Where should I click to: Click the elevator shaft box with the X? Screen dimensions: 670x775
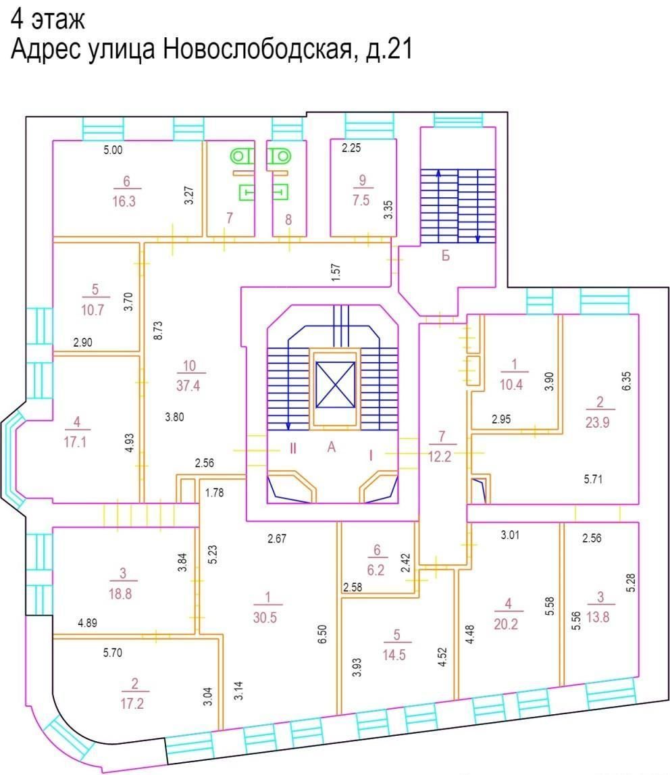[335, 384]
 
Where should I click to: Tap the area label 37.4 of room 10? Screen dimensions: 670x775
[188, 386]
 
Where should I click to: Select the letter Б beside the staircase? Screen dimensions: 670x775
[446, 256]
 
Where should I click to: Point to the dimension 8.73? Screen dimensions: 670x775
[158, 330]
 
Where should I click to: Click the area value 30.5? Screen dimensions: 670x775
[265, 618]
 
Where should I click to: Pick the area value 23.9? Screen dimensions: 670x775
[597, 422]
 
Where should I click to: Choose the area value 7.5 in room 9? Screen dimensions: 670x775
[361, 200]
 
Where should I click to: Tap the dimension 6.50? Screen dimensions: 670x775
[321, 634]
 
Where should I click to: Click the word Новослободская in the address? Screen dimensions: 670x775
[257, 49]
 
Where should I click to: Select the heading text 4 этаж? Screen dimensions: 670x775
[48, 20]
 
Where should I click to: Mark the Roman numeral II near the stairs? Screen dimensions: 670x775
[293, 449]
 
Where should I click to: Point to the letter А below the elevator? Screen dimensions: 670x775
[332, 447]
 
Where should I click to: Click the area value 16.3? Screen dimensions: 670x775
[124, 201]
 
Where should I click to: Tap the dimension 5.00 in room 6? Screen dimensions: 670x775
[113, 150]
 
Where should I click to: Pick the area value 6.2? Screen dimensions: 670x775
[376, 570]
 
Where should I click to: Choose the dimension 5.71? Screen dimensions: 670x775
[593, 479]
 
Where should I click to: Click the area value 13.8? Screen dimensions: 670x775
[598, 618]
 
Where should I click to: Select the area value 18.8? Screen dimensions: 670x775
[120, 594]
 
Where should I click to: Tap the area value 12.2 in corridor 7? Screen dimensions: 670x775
[440, 456]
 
